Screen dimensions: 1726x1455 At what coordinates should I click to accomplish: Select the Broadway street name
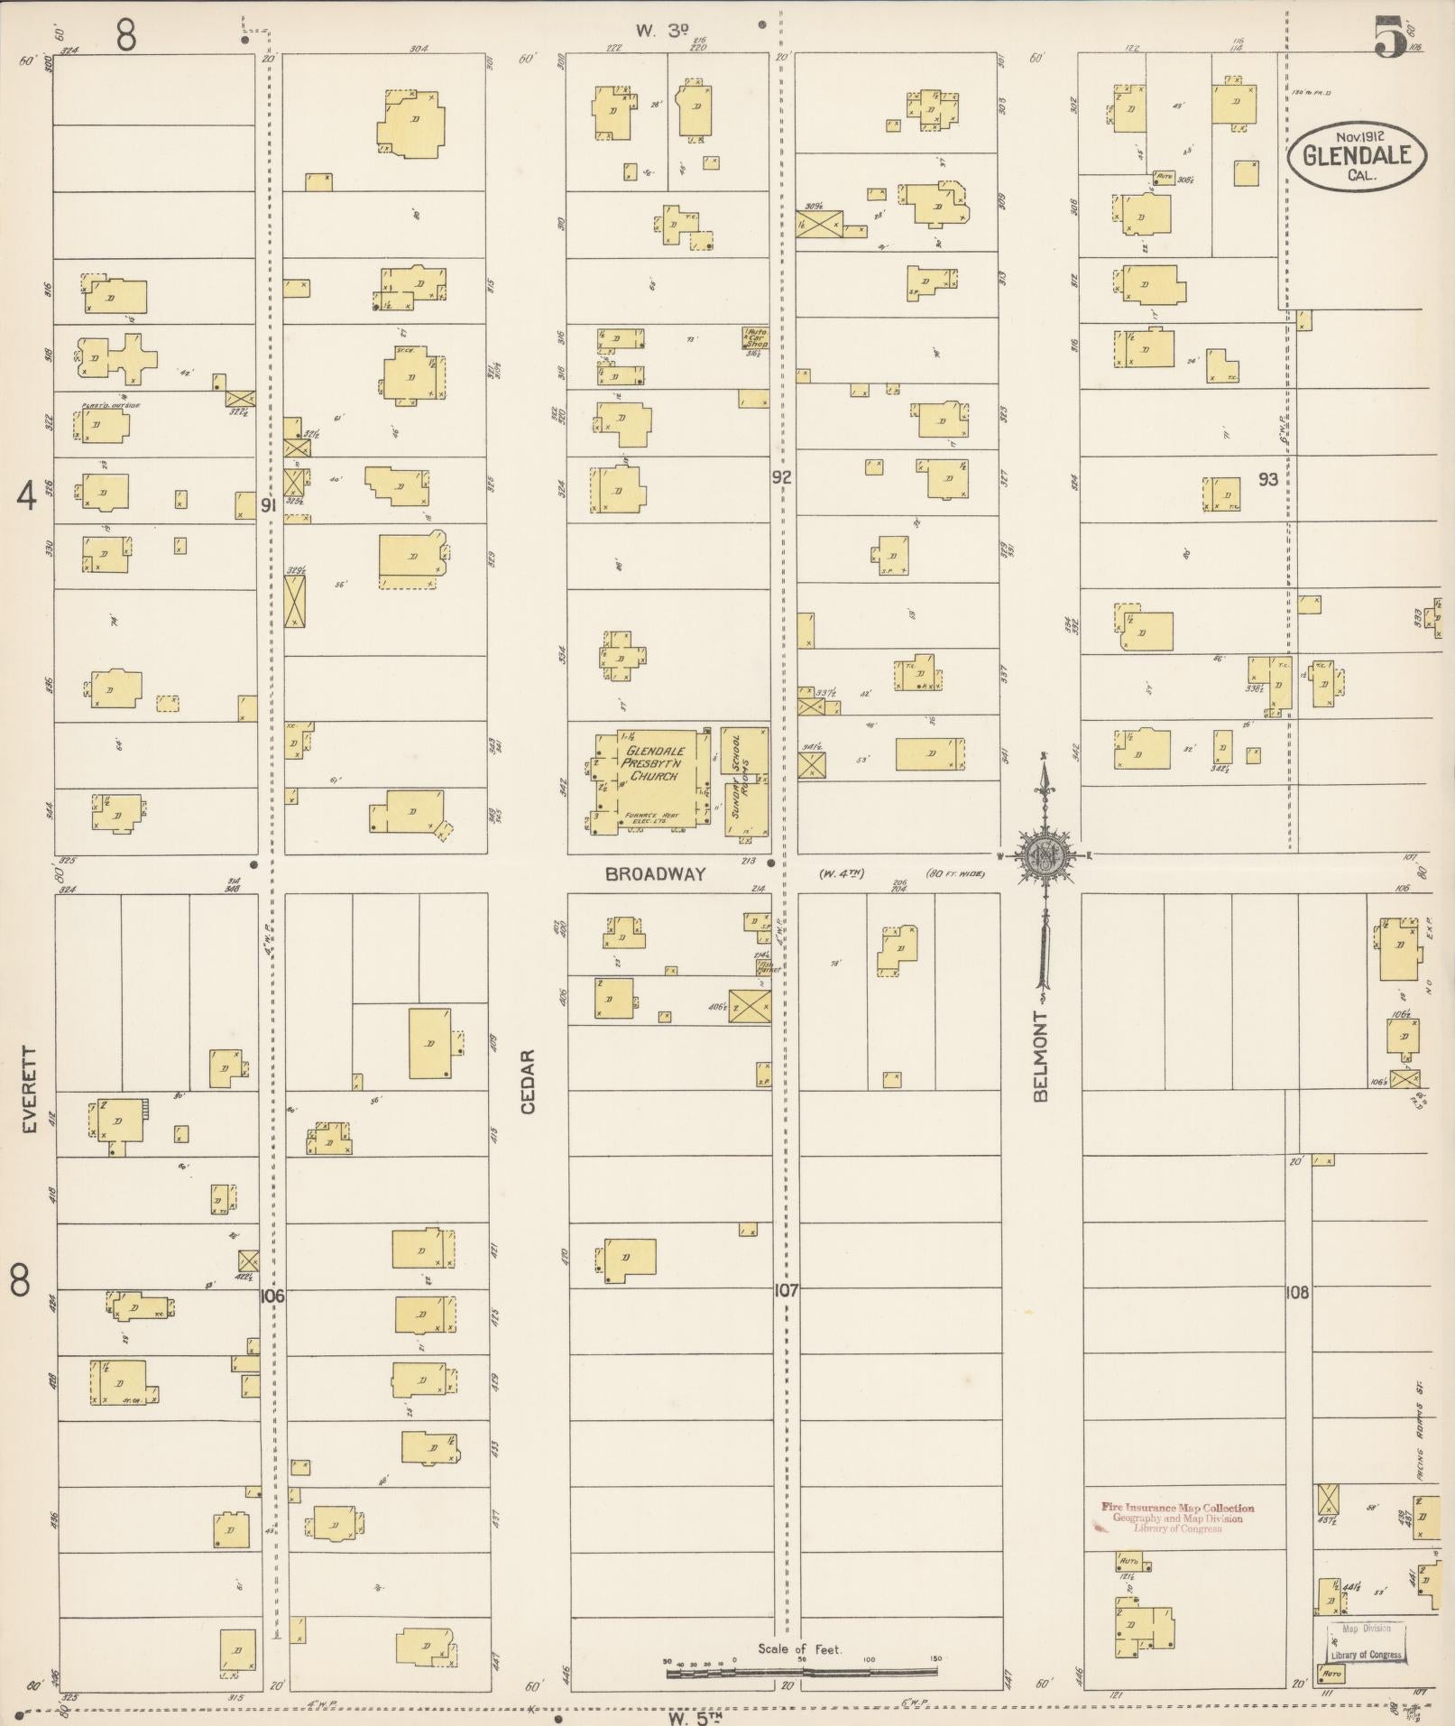tap(656, 873)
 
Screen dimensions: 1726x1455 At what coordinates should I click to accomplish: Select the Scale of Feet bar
tap(801, 1672)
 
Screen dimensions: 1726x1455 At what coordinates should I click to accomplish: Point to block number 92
tap(781, 477)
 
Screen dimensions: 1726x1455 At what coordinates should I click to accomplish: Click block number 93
tap(1268, 479)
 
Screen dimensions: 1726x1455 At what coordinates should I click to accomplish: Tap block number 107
tap(785, 1291)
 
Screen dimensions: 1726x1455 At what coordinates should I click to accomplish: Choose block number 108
tap(1296, 1293)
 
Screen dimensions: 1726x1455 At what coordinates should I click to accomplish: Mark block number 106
tap(272, 1297)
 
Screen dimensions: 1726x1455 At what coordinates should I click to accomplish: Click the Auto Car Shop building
tap(755, 338)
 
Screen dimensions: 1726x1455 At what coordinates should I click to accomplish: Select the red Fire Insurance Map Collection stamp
tap(1177, 1518)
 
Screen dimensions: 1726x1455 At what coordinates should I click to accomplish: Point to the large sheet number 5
tap(1389, 38)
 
